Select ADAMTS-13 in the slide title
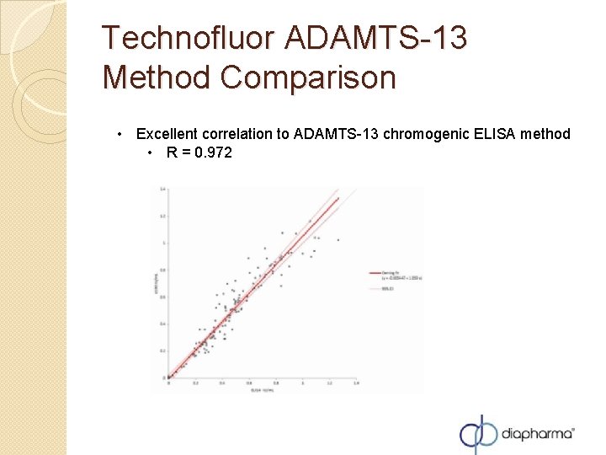pyautogui.click(x=376, y=39)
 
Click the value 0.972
pyautogui.click(x=213, y=153)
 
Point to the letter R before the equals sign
pyautogui.click(x=172, y=153)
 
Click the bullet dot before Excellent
pyautogui.click(x=122, y=134)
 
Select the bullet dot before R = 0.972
pyautogui.click(x=149, y=153)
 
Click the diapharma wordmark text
pyautogui.click(x=537, y=435)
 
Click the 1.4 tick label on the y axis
pyautogui.click(x=162, y=189)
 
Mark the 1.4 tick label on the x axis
pyautogui.click(x=355, y=383)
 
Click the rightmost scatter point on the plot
pyautogui.click(x=338, y=240)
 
